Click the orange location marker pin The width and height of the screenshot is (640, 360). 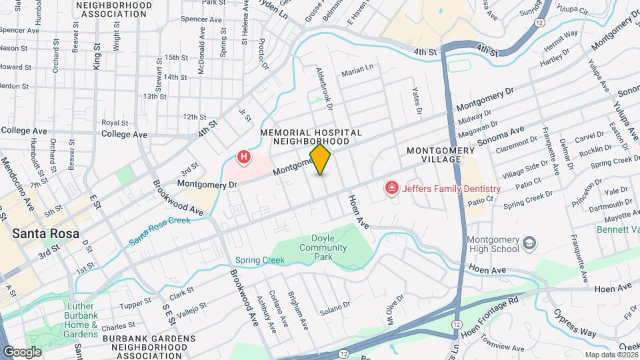click(x=321, y=159)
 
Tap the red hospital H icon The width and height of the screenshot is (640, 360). click(x=245, y=158)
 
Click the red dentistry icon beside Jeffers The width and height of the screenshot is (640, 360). click(x=392, y=189)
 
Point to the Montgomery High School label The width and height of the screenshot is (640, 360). click(x=493, y=244)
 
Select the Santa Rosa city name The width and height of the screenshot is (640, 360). click(x=45, y=234)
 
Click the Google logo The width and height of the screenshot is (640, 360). click(x=22, y=351)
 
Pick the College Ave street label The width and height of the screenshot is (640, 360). click(x=125, y=134)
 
